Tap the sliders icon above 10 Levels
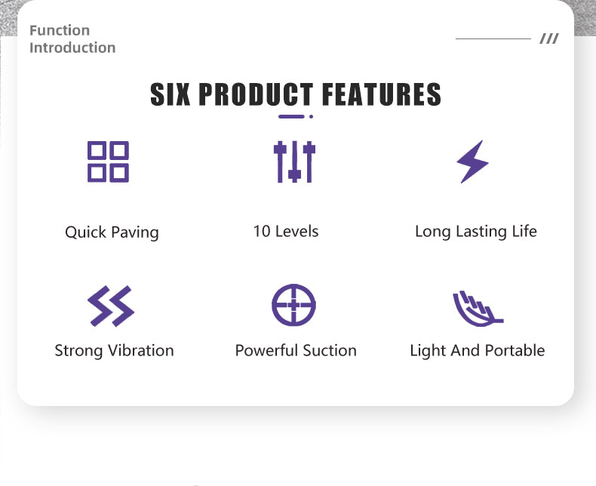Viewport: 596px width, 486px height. click(x=294, y=161)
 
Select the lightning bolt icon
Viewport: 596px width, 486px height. click(x=472, y=161)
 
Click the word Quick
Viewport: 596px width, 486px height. click(x=85, y=232)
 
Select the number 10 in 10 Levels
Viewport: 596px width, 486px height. click(x=262, y=231)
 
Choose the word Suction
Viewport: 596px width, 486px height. click(x=330, y=350)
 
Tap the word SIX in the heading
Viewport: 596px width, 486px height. click(x=171, y=94)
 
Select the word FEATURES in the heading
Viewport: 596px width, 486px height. click(x=382, y=94)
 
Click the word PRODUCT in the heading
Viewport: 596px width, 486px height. click(x=257, y=94)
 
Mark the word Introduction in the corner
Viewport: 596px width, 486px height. click(x=72, y=48)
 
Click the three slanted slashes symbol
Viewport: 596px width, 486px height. click(x=549, y=38)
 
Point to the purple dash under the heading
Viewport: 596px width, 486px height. click(x=291, y=116)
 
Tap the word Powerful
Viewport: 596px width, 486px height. click(x=266, y=350)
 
